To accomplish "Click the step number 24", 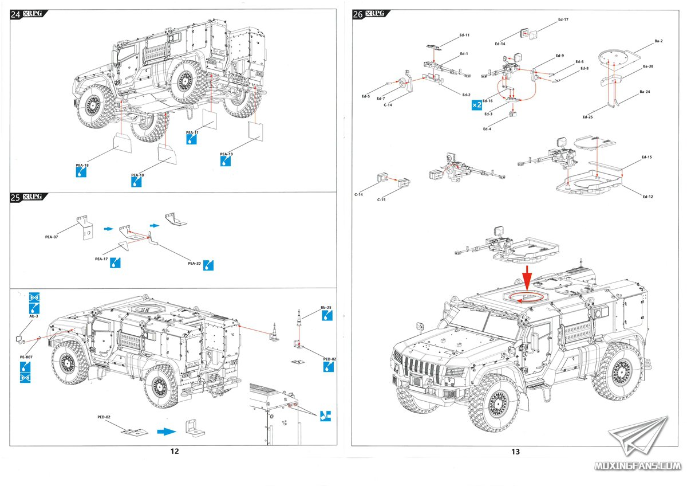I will tap(15, 15).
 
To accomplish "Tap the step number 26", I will tap(358, 15).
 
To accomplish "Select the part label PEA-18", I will tap(82, 165).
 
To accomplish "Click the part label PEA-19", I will tap(226, 154).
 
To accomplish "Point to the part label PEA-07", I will tap(52, 236).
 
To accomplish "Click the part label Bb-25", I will tap(326, 307).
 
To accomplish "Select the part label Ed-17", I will tap(563, 20).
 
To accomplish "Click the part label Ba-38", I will tap(648, 66).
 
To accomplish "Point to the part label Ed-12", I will tap(647, 197).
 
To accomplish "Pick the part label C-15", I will tap(381, 199).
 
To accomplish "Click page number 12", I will tap(175, 452).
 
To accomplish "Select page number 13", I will tap(515, 452).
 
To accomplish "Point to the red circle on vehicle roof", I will tap(525, 297).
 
